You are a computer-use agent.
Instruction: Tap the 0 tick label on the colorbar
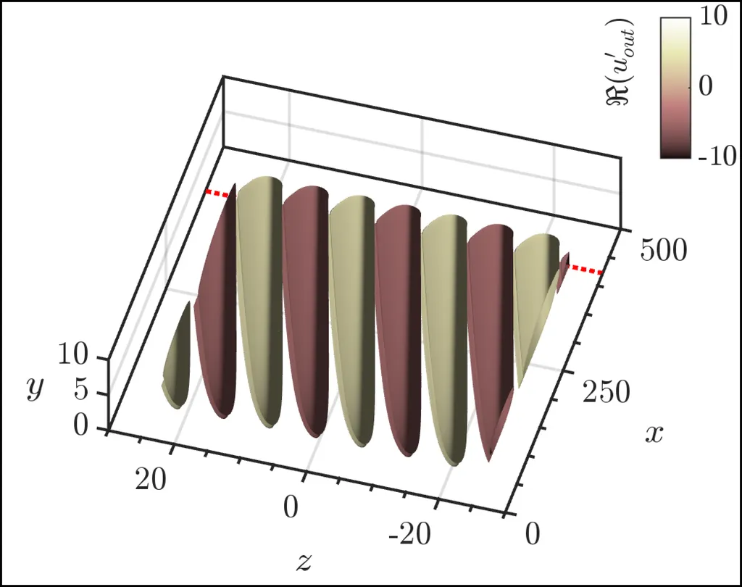705,86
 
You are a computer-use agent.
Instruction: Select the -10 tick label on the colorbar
717,155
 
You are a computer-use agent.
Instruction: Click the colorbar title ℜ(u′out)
620,62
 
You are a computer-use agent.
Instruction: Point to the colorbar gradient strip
675,88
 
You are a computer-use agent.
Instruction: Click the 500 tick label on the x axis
663,250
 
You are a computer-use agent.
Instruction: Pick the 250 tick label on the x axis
606,393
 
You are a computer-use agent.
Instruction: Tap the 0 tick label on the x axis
533,534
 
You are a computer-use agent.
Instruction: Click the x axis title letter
654,433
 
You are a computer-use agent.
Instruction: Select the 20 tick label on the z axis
151,479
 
